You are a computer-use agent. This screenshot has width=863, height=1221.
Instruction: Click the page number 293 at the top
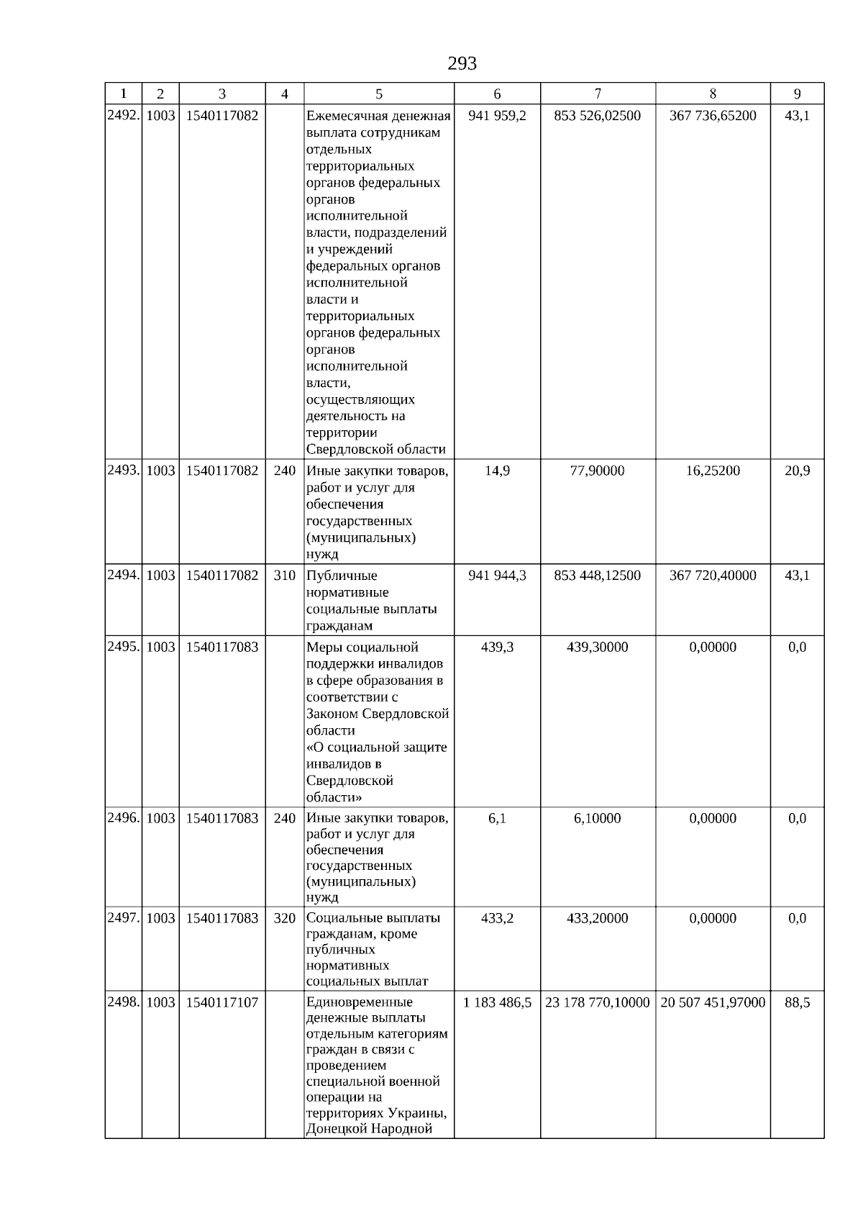coord(462,64)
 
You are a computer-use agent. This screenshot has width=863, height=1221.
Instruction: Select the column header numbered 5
coord(379,94)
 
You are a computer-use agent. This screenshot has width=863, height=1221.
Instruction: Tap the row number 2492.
coord(123,116)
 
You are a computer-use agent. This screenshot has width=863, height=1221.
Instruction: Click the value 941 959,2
coord(497,116)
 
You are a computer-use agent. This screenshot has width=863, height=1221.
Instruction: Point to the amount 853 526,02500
coord(597,116)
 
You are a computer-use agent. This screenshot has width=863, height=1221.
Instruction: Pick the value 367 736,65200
coord(713,116)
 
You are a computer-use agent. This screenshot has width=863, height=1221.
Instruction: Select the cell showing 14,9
coord(497,471)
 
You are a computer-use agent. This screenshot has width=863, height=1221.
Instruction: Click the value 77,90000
coord(597,471)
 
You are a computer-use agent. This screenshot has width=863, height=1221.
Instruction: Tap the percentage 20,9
coord(797,471)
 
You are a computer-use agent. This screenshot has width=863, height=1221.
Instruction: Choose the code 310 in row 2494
coord(285,576)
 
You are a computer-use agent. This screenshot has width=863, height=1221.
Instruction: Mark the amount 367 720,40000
coord(713,576)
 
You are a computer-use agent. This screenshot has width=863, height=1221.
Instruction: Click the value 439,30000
coord(597,648)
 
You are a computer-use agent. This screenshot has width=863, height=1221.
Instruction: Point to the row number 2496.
coord(123,819)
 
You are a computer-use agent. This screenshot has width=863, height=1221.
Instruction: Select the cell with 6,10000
coord(597,819)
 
